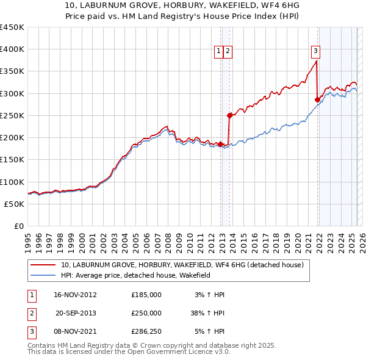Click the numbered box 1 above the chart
(218, 52)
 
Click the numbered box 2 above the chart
(228, 52)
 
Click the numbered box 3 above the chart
(316, 52)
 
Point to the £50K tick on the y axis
(14, 204)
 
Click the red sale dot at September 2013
(229, 115)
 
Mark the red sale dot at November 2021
(317, 99)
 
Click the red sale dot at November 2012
(220, 144)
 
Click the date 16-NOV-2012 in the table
(76, 295)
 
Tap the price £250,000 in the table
(146, 313)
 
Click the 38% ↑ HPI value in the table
(207, 313)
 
